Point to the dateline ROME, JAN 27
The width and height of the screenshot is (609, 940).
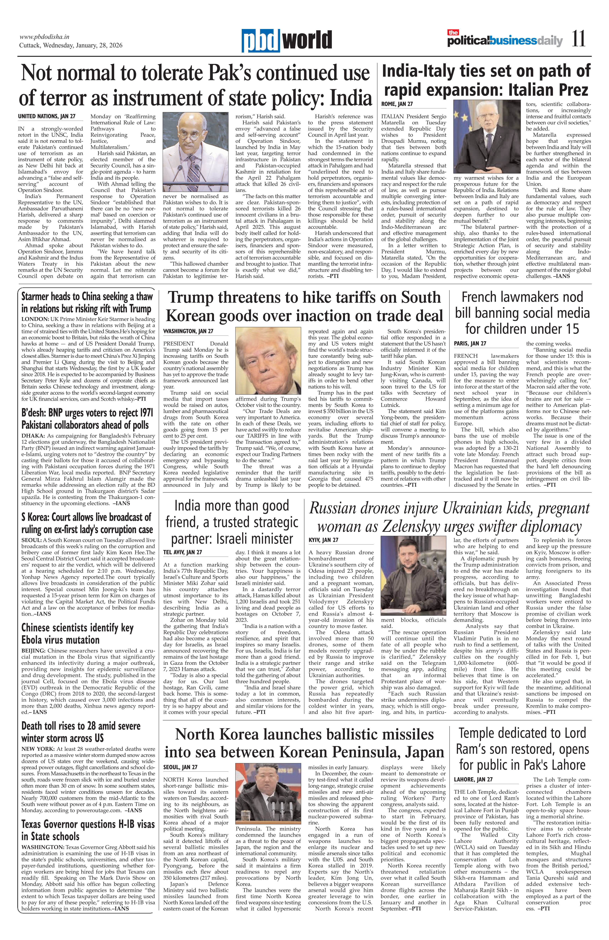(397, 104)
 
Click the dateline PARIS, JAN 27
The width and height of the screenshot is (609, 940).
(470, 344)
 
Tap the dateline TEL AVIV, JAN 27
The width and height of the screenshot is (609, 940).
(182, 552)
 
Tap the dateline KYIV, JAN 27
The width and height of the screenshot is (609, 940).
(323, 540)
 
